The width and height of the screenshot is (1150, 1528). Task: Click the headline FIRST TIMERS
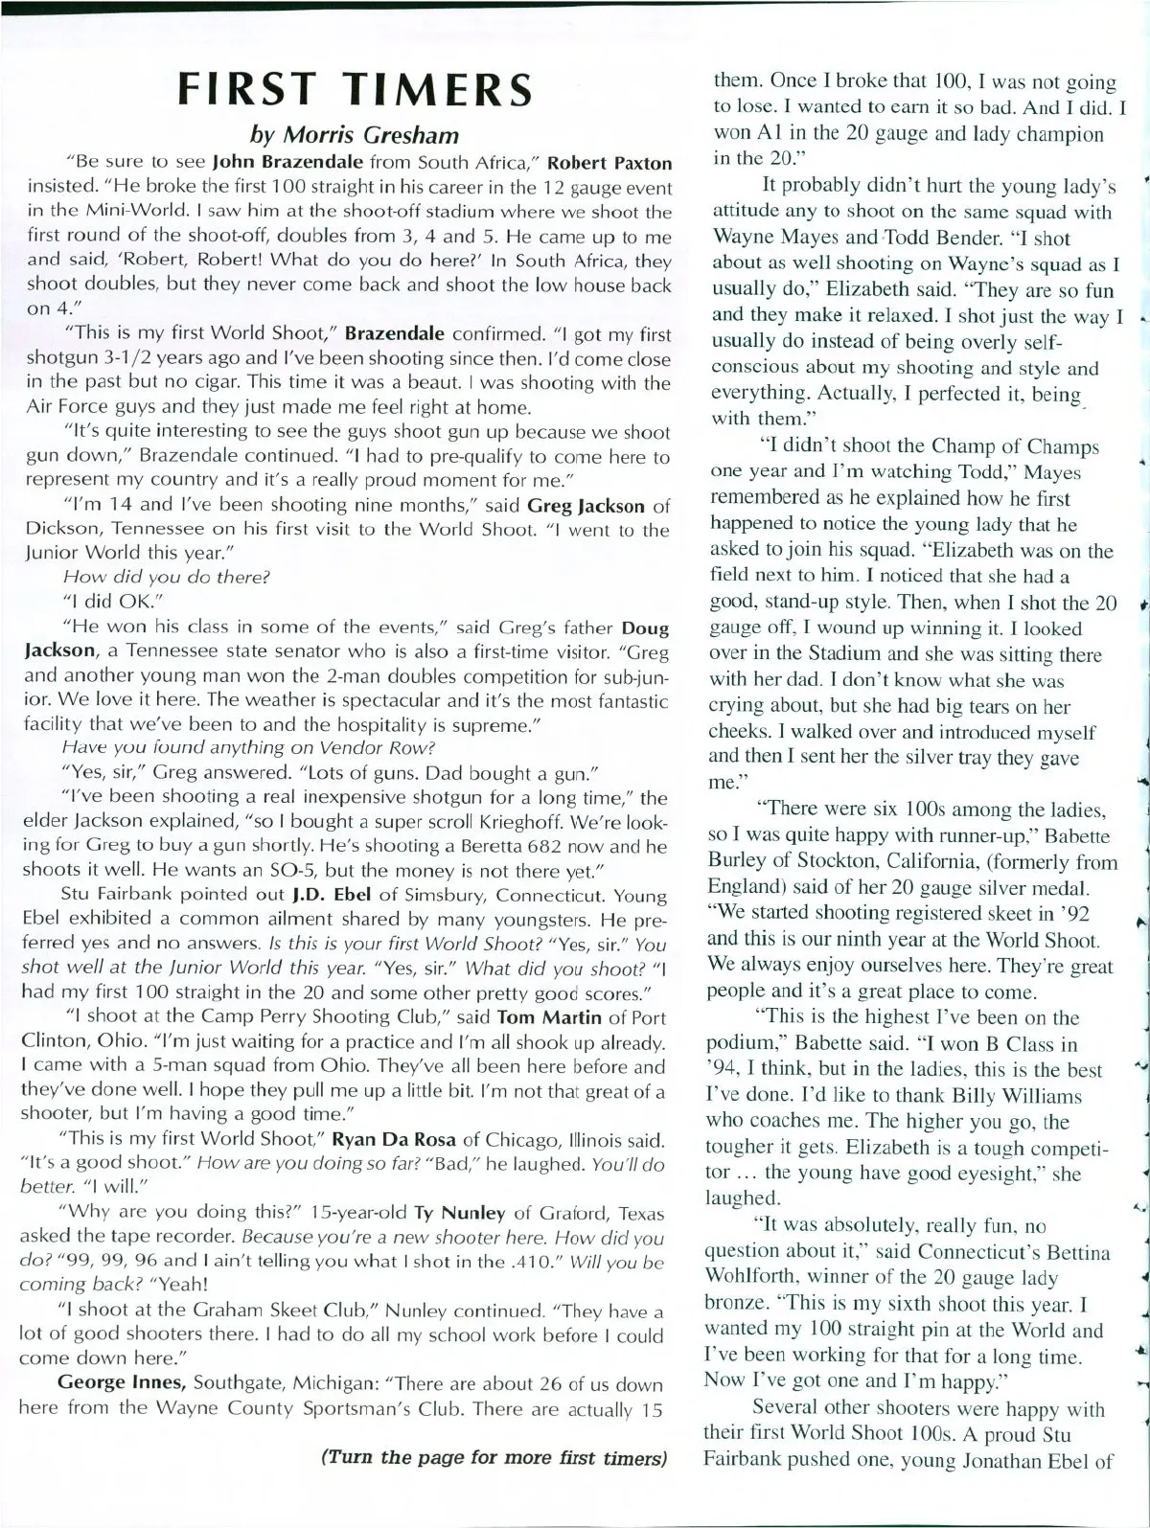(356, 88)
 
